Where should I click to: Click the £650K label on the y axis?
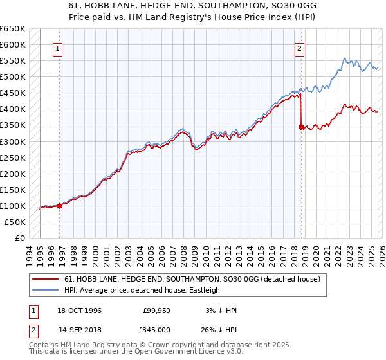coord(13,29)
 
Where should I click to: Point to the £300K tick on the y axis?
coord(13,141)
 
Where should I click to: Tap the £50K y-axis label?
coord(15,222)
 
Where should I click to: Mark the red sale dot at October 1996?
coord(60,206)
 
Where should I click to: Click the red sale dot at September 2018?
coord(301,127)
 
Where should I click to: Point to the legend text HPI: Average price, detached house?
coord(142,290)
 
